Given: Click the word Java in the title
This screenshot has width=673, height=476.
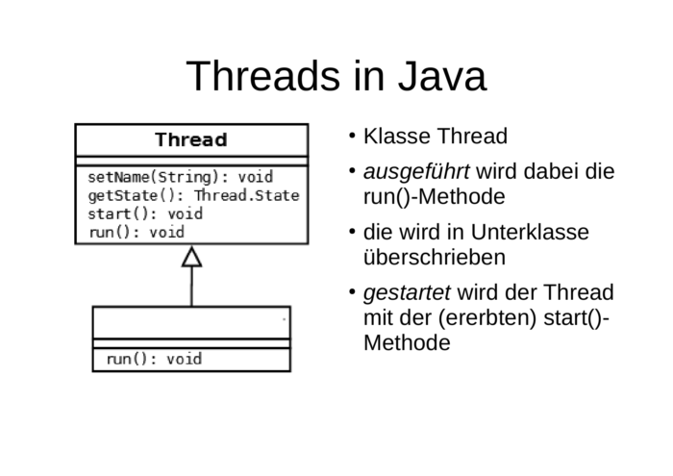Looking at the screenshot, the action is pos(442,76).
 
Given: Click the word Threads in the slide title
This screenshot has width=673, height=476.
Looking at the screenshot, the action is pos(262,76).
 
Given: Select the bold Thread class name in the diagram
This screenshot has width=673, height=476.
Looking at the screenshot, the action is pos(191,140).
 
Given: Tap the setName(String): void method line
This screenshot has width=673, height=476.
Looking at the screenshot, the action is pos(181,177).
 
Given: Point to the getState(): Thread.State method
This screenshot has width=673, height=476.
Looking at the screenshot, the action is pos(193,195).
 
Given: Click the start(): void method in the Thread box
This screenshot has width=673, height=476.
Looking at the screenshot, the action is pos(145,213).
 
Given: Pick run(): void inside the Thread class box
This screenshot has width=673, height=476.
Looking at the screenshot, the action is pos(137,232).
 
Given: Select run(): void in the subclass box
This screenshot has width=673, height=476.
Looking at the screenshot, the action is pos(154,359).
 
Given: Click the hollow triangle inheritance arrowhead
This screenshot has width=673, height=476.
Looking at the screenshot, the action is pos(192,257).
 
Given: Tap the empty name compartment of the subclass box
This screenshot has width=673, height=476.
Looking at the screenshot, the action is pos(191,323).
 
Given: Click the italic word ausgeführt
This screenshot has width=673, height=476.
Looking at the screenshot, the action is pos(416,172).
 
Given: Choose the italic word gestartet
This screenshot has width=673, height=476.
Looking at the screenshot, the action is pos(407,293).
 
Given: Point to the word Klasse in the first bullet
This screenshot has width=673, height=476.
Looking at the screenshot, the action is pos(397,136).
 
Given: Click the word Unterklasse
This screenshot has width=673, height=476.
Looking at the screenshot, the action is pos(530,232).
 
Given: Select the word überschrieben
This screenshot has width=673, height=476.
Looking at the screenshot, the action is pos(435,258).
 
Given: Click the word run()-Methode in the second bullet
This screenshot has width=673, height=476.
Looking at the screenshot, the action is pos(435,197).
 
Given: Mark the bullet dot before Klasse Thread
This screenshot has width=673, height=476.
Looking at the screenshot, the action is pos(353,136).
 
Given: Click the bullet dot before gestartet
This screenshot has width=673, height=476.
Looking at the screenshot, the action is pos(353,292).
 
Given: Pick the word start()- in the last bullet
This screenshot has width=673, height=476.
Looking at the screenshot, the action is pos(576,318).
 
